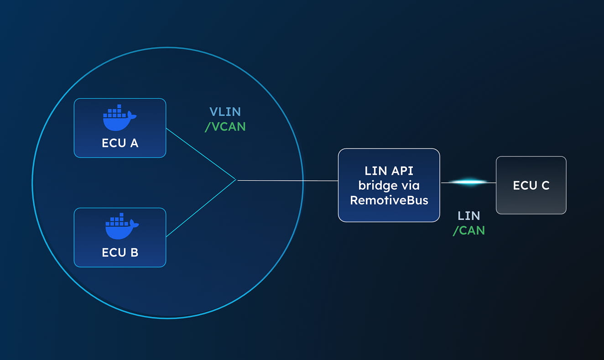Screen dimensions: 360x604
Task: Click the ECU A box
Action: (x=120, y=128)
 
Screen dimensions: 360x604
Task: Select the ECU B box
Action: (x=120, y=238)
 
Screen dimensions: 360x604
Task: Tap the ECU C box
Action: (x=531, y=185)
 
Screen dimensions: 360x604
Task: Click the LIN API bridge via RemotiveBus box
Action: (x=389, y=185)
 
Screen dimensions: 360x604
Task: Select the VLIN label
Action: (x=225, y=112)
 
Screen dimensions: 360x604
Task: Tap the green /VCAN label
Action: (x=225, y=126)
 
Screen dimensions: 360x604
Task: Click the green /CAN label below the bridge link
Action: (x=469, y=230)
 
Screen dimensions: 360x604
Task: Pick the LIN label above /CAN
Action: (x=469, y=216)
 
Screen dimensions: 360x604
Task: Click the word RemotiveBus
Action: (x=389, y=200)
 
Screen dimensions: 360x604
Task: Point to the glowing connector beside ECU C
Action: (x=468, y=183)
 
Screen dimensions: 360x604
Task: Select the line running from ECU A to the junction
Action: (x=201, y=154)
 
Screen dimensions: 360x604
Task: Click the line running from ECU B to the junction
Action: (x=201, y=209)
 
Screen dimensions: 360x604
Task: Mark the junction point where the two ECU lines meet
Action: (x=236, y=180)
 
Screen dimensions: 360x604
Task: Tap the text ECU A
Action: (x=120, y=143)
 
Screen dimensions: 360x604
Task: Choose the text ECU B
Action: (x=120, y=252)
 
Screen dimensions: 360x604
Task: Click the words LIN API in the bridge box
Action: (x=389, y=171)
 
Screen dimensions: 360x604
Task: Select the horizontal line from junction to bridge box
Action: (x=287, y=181)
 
